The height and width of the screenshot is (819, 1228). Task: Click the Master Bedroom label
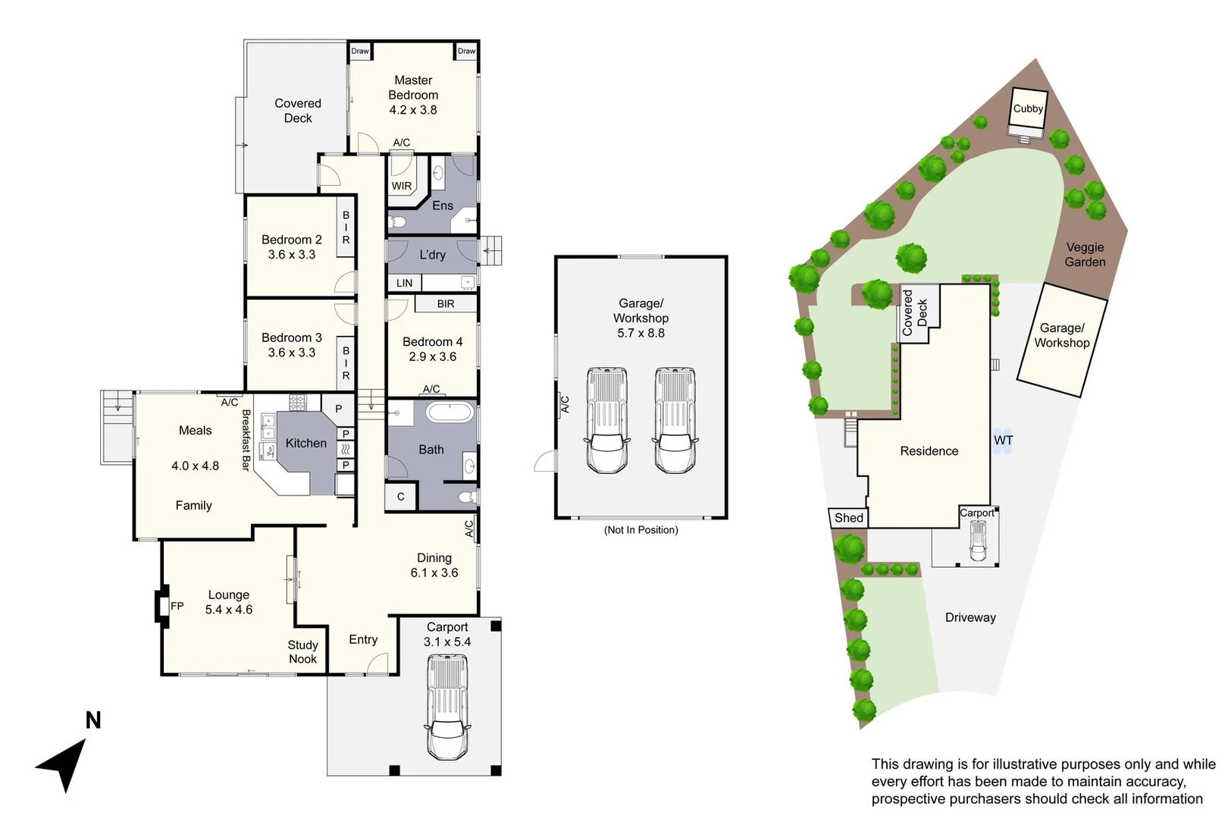(413, 87)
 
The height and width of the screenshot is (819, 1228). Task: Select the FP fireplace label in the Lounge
(177, 606)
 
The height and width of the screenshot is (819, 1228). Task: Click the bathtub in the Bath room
(450, 413)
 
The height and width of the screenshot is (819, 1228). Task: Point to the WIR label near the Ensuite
(402, 186)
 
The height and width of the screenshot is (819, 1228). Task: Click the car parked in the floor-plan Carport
(447, 707)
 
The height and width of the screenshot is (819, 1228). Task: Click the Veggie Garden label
(1085, 255)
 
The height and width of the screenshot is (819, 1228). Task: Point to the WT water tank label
(1003, 441)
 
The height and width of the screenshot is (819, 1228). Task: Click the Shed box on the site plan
(848, 518)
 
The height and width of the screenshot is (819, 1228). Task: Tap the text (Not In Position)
(641, 530)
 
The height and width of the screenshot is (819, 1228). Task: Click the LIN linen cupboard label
(405, 283)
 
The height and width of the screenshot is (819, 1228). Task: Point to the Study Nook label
(302, 651)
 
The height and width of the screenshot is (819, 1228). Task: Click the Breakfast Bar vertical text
(246, 440)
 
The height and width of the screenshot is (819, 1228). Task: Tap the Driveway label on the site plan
(970, 617)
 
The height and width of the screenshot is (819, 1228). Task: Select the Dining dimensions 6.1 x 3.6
(434, 573)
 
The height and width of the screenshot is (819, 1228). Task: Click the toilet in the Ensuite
(398, 222)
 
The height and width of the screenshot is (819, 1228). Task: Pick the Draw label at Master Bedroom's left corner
(360, 52)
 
